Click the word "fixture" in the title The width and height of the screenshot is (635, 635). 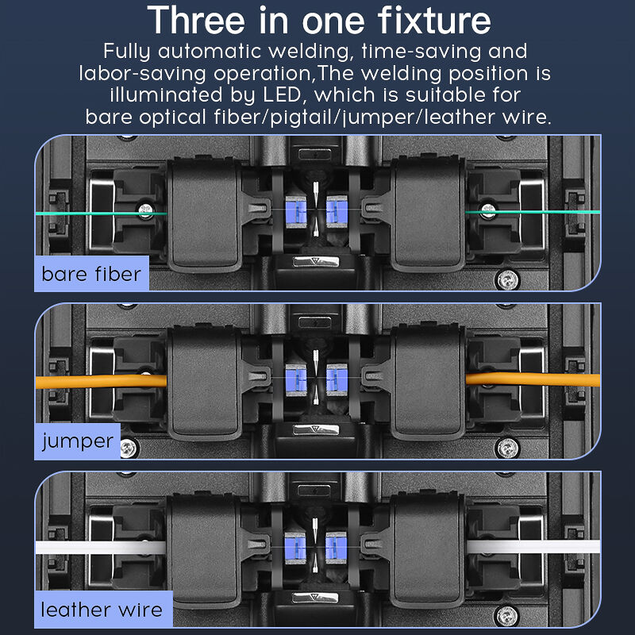point(434,21)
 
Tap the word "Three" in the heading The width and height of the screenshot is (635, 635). point(196,21)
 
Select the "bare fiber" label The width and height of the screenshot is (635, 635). point(91,274)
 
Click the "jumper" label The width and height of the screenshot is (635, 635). point(77,441)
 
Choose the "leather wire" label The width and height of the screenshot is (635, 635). point(102,610)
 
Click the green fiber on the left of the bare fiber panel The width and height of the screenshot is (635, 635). point(102,214)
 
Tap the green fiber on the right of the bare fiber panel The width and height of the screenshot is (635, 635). point(533,212)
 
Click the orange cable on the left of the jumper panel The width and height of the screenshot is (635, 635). point(102,382)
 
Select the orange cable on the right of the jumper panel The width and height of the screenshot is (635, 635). point(533,379)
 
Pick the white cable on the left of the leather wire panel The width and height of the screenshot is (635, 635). point(101,548)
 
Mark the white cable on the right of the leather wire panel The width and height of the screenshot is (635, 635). point(533,546)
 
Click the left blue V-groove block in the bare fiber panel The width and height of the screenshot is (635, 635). point(296,211)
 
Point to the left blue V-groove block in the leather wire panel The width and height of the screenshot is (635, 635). point(295,548)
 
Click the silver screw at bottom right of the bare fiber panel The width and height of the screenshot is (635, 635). point(507,280)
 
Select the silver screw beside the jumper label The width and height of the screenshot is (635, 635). point(129,448)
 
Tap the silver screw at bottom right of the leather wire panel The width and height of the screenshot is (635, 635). point(507,616)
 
